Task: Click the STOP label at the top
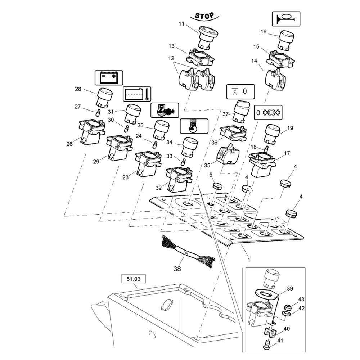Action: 204,15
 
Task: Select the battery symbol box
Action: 108,77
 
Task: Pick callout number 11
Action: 181,24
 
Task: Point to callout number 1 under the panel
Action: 248,259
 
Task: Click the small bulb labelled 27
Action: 98,114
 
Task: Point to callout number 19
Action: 290,127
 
